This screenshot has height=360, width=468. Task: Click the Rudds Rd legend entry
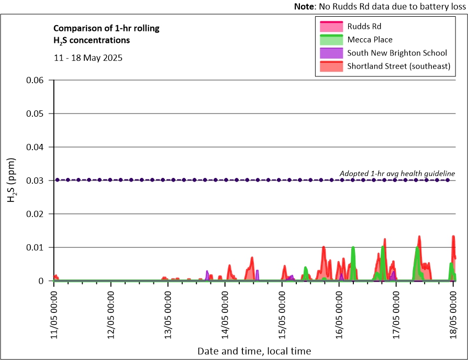[x=362, y=26]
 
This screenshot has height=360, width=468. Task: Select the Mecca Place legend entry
[x=370, y=39]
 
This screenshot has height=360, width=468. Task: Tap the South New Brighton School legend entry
[x=397, y=53]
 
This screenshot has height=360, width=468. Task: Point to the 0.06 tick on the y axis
[x=37, y=80]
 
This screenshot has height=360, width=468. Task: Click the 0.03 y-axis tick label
[x=37, y=181]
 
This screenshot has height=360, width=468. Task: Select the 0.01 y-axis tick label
[x=37, y=248]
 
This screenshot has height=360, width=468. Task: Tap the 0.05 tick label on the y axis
[x=37, y=114]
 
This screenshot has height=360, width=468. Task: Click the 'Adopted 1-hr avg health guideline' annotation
[x=397, y=173]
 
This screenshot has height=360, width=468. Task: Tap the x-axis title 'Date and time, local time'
[x=254, y=351]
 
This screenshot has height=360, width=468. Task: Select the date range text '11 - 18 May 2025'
[x=88, y=58]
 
